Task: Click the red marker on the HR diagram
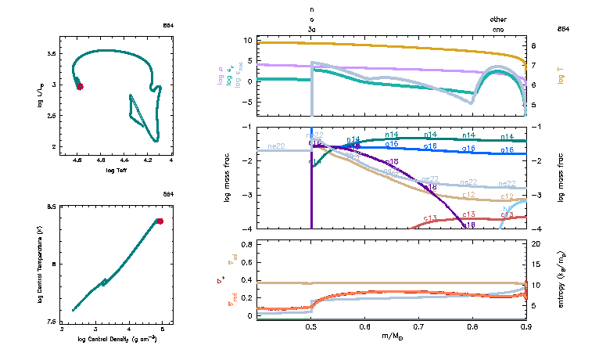(x=80, y=86)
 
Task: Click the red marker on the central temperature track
(x=160, y=221)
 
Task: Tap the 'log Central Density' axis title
(x=117, y=339)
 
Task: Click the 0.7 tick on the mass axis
(x=418, y=327)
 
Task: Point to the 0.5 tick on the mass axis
(x=311, y=327)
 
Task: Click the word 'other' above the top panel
(x=498, y=19)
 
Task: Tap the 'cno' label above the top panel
(x=498, y=29)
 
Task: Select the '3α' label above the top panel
(x=312, y=29)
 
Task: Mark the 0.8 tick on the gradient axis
(x=246, y=244)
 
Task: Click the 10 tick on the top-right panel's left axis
(x=247, y=39)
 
